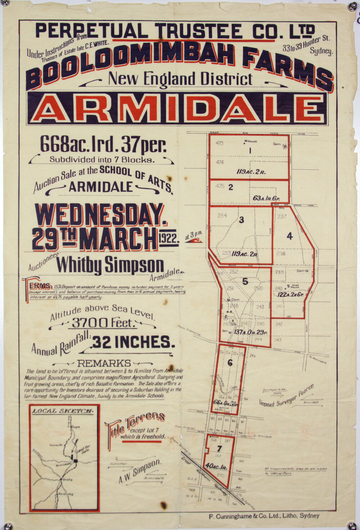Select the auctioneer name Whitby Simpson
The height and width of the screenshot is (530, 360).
pyautogui.click(x=110, y=265)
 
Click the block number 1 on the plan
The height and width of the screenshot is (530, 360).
pyautogui.click(x=250, y=151)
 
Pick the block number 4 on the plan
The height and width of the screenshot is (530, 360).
pyautogui.click(x=289, y=236)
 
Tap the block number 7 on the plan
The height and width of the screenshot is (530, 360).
pyautogui.click(x=219, y=448)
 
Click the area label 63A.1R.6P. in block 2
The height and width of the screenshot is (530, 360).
pyautogui.click(x=266, y=198)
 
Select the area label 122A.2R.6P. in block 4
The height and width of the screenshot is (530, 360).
pyautogui.click(x=291, y=295)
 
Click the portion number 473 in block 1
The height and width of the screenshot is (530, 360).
pyautogui.click(x=219, y=143)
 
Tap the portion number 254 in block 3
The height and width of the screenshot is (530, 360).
pyautogui.click(x=222, y=216)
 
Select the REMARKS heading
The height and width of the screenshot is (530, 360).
pyautogui.click(x=104, y=363)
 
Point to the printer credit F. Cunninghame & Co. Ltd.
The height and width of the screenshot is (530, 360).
pyautogui.click(x=264, y=516)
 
